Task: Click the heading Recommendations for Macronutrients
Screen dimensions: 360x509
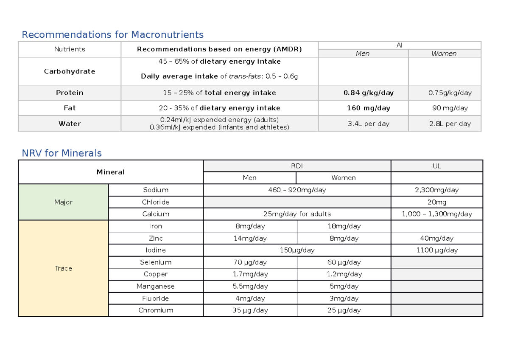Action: [112, 34]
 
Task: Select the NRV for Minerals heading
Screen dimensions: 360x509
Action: [62, 153]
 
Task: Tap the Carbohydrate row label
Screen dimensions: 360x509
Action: [70, 71]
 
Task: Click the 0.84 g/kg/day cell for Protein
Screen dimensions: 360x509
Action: [363, 93]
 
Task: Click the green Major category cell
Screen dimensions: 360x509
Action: [63, 202]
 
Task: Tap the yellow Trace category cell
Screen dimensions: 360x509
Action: [63, 268]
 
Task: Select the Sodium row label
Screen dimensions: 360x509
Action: [156, 190]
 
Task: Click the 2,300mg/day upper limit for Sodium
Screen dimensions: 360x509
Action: [437, 190]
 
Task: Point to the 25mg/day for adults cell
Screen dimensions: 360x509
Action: [297, 214]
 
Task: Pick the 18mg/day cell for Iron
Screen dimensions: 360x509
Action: [344, 226]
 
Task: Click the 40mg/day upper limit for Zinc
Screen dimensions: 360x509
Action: [437, 238]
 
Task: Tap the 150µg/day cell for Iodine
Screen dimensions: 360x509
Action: [297, 250]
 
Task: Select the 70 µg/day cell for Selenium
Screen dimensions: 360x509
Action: [250, 262]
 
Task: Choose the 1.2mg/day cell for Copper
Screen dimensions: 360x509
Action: [344, 274]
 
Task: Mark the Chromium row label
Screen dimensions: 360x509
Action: [156, 310]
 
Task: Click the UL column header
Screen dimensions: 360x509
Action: [437, 166]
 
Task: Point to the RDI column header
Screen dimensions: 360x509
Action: [297, 166]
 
